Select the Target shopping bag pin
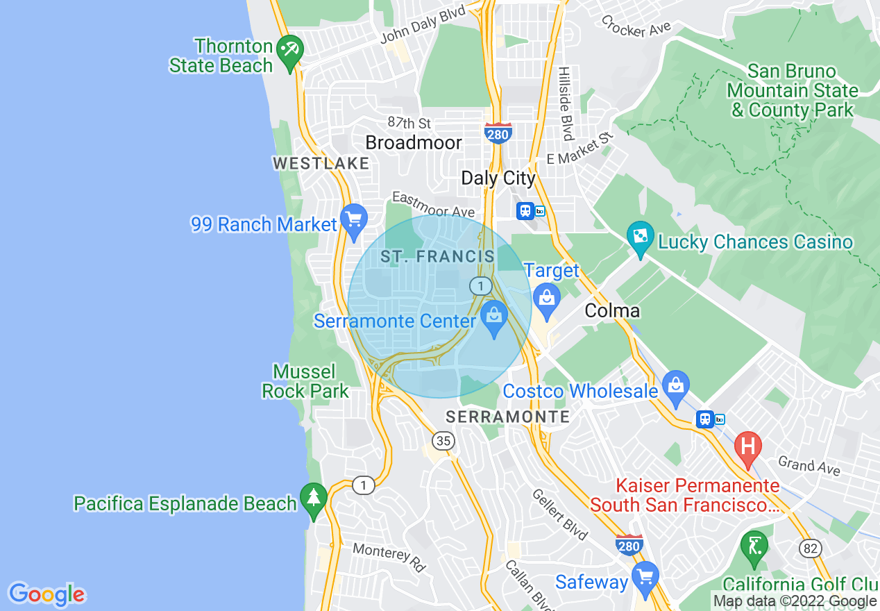pyautogui.click(x=547, y=299)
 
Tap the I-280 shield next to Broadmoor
pyautogui.click(x=498, y=133)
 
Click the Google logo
pyautogui.click(x=46, y=594)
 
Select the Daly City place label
pyautogui.click(x=498, y=178)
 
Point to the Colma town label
pyautogui.click(x=611, y=310)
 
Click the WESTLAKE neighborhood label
pyautogui.click(x=321, y=163)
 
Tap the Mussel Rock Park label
pyautogui.click(x=305, y=381)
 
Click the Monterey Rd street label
pyautogui.click(x=389, y=558)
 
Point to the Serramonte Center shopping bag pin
pyautogui.click(x=494, y=320)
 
